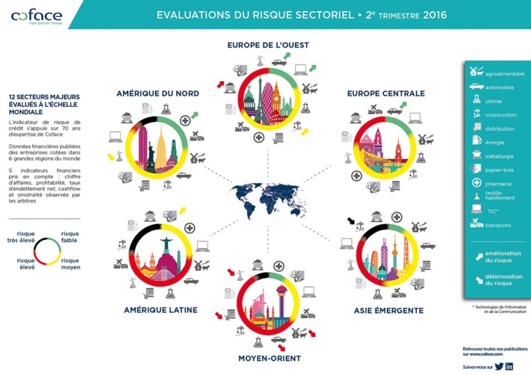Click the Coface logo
pyautogui.click(x=37, y=16)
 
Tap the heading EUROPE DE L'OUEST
pyautogui.click(x=268, y=45)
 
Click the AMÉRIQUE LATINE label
pyautogui.click(x=161, y=310)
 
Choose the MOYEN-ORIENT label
pyautogui.click(x=270, y=358)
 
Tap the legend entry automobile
pyautogui.click(x=499, y=88)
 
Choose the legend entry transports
pyautogui.click(x=499, y=225)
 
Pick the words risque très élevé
pyautogui.click(x=20, y=238)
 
